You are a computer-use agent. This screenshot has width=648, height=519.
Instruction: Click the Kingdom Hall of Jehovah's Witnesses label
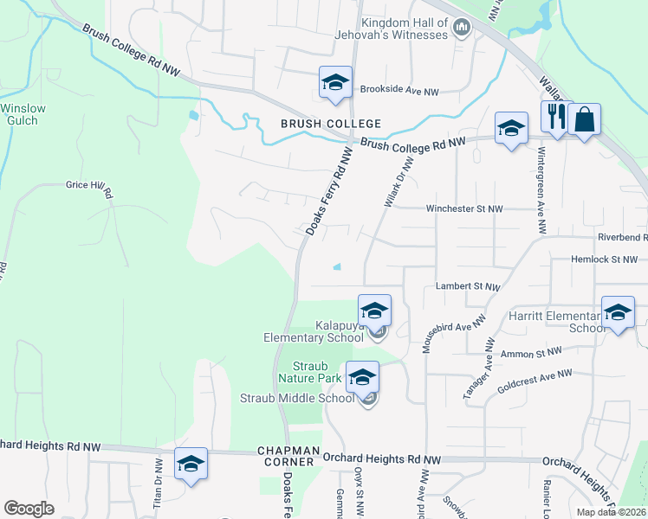coord(405,29)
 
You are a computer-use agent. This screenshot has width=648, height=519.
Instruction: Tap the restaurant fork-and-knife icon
coord(554,117)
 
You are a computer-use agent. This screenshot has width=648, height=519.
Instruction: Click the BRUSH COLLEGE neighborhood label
coord(319,125)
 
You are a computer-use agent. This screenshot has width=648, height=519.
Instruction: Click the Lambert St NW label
coord(468,285)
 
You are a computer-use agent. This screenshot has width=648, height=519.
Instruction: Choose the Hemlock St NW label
coord(604,259)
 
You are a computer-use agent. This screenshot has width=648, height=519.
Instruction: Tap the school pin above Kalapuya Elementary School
coord(374,310)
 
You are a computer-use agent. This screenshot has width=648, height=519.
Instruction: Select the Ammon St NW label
coord(532,353)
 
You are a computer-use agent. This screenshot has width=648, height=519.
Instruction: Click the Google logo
coord(29,508)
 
